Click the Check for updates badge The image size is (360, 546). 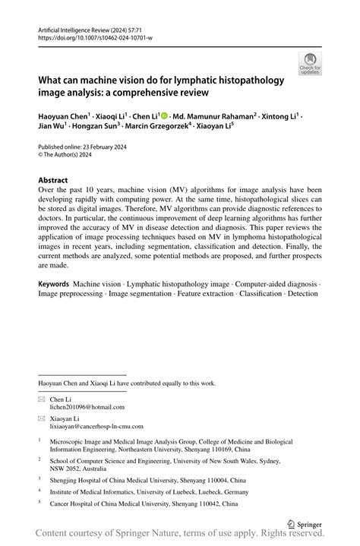click(x=310, y=65)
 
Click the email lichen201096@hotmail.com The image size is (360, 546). click(x=87, y=407)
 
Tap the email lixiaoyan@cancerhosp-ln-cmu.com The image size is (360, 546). click(x=99, y=428)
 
